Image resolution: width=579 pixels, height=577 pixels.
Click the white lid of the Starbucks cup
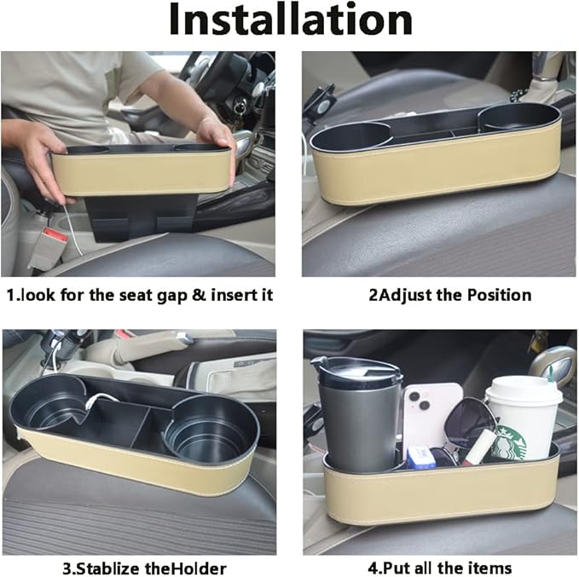click(x=524, y=390)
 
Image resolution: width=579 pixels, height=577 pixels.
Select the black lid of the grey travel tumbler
click(x=356, y=372)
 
